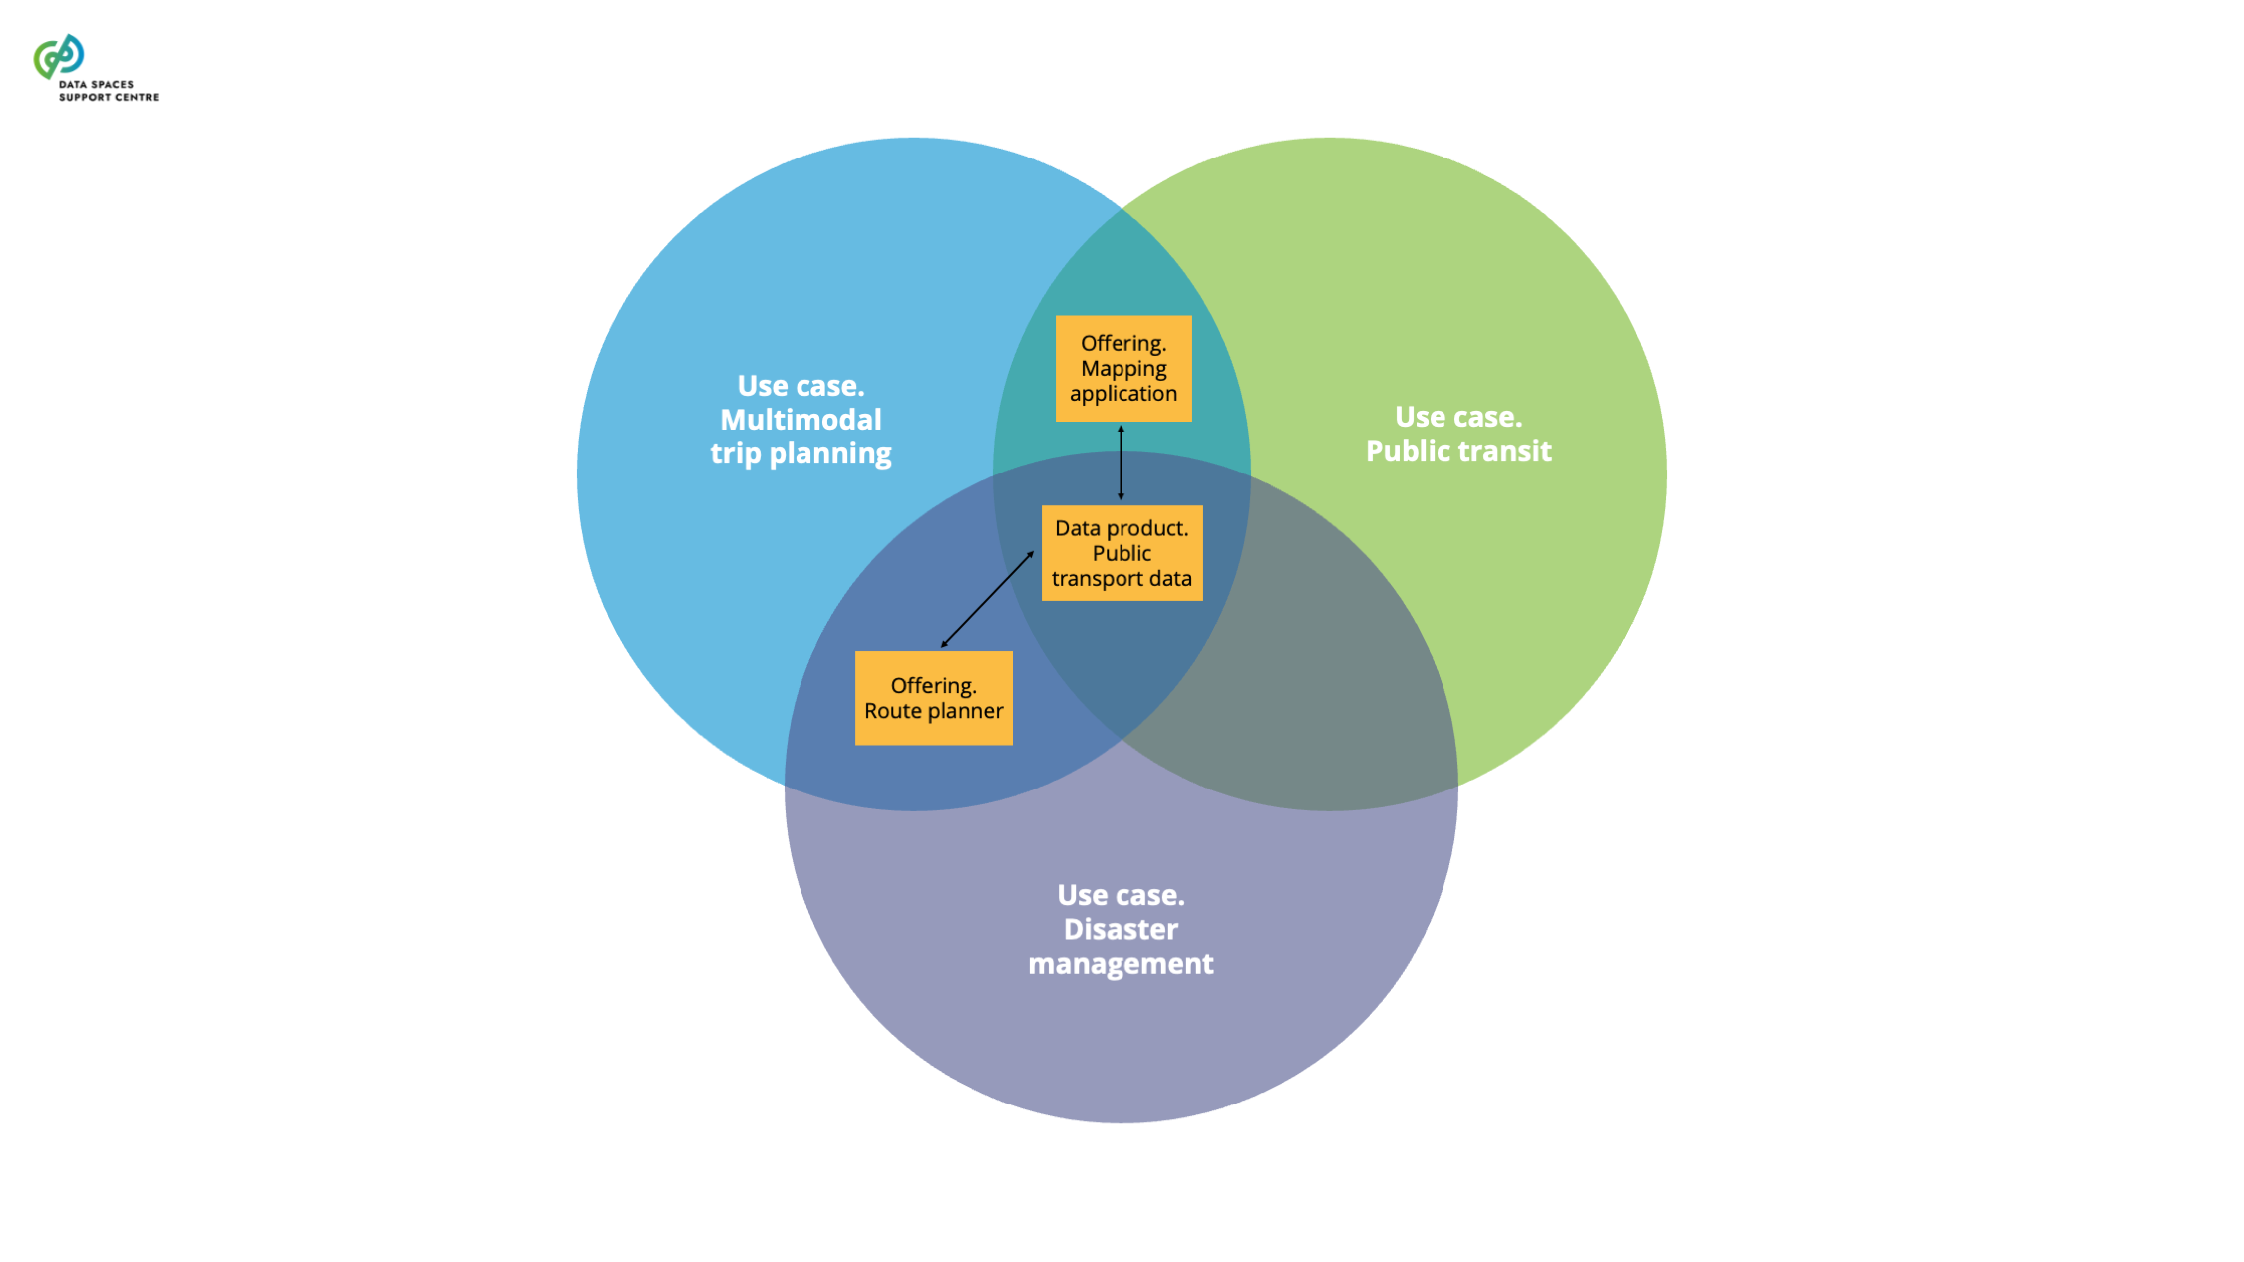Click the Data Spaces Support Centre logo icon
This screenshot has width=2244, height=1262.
[59, 56]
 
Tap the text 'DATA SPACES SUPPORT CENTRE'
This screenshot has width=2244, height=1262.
[108, 91]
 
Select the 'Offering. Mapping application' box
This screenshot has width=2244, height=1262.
[1122, 368]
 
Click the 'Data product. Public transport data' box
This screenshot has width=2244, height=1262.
[1122, 553]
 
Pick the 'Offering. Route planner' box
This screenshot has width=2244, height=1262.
[933, 698]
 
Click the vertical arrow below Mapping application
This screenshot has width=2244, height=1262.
[1121, 463]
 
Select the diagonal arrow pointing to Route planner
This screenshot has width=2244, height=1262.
[987, 599]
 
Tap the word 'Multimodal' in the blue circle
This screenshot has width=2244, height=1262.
[801, 420]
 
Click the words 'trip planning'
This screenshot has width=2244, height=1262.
[801, 454]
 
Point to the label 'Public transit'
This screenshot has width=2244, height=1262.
[1457, 451]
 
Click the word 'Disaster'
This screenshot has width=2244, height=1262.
[1121, 929]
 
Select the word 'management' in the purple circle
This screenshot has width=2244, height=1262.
[1121, 964]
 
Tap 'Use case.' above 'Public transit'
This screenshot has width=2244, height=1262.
[1457, 417]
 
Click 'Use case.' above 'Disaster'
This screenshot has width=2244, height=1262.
[1121, 895]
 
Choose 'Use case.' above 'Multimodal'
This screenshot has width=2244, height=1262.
[801, 386]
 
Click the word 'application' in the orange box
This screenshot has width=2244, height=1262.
[1122, 394]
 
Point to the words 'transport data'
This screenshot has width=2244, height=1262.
[1122, 579]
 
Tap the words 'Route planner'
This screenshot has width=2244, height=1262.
[933, 711]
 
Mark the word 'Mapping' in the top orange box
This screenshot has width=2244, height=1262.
[1122, 368]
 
